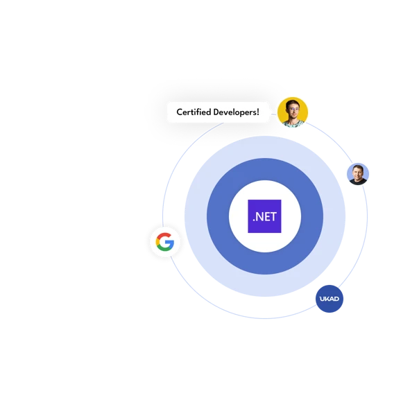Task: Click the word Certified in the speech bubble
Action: tap(194, 112)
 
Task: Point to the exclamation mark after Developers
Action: tap(258, 112)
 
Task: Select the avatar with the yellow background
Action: tap(293, 112)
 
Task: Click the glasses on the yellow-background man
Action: tap(293, 110)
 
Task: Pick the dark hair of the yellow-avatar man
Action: tap(292, 103)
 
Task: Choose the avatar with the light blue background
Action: tap(358, 174)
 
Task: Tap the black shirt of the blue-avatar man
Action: tap(358, 182)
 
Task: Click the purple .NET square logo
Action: tap(264, 216)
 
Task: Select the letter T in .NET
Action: tap(273, 217)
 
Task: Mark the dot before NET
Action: tap(254, 220)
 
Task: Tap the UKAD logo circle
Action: tap(330, 299)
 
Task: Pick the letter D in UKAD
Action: tap(336, 299)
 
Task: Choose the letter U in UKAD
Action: tap(322, 299)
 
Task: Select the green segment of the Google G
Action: tap(164, 249)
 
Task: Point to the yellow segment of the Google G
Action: tap(157, 242)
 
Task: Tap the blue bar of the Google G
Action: tap(170, 242)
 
